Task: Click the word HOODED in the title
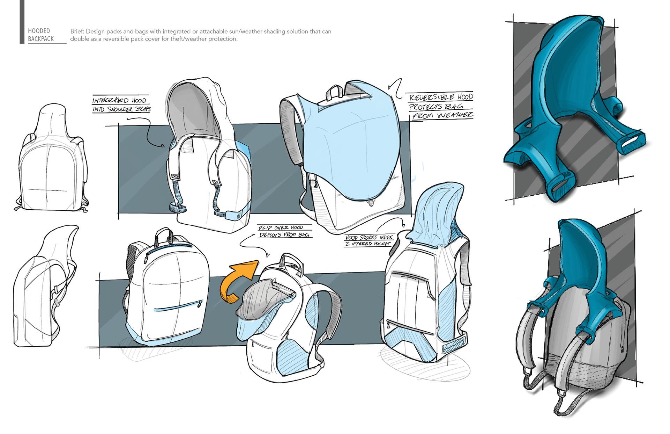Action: coord(39,31)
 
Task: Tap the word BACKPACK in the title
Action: coord(41,39)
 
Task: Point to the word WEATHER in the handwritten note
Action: coord(455,115)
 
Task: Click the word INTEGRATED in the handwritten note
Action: coord(110,101)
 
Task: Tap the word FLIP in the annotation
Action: coord(265,228)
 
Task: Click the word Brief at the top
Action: coord(76,31)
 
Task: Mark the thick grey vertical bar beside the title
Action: coord(22,22)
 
